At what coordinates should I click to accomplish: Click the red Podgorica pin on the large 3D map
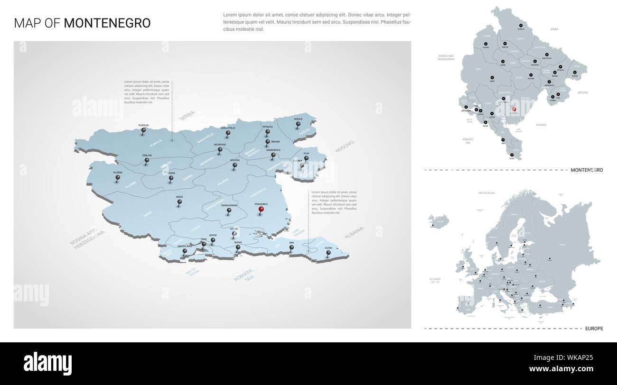pos(261,210)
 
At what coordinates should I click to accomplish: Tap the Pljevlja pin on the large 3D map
pos(143,131)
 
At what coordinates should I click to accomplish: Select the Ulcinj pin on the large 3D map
pos(328,253)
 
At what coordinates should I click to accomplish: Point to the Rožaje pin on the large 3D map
pos(298,125)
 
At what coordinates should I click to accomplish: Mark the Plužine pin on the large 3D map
pos(118,178)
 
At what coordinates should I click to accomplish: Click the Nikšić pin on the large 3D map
pos(179,202)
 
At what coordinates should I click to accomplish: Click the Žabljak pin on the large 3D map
pos(147,161)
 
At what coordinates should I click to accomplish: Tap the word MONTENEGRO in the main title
pos(107,23)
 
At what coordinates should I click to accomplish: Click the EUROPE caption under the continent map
pos(593,328)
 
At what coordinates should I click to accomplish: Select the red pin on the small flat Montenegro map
pos(514,110)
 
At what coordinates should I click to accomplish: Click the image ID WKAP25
pos(580,357)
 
